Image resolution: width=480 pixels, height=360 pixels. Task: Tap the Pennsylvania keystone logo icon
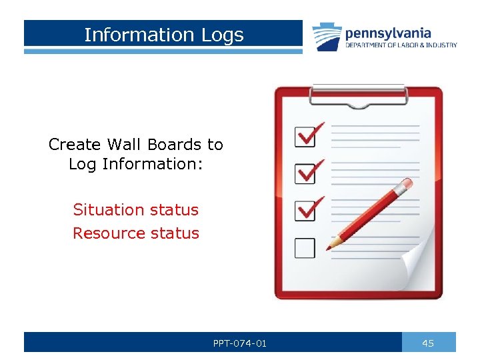click(x=326, y=37)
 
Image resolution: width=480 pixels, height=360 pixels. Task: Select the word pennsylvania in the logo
click(x=388, y=33)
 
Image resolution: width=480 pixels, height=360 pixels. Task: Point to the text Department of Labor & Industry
click(x=401, y=45)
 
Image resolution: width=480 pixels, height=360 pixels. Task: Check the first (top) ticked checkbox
click(x=306, y=137)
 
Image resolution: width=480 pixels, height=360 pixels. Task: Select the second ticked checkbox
click(x=306, y=174)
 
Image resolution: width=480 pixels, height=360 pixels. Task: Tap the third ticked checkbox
click(x=306, y=211)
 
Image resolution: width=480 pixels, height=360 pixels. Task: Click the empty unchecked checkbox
click(x=305, y=247)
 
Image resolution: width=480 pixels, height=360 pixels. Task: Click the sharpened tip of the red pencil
click(x=329, y=247)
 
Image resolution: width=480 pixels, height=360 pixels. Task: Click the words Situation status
click(x=136, y=210)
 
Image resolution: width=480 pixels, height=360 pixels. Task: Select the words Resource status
click(x=136, y=233)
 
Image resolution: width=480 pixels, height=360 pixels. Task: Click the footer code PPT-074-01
click(x=240, y=343)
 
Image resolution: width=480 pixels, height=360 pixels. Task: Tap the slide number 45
click(x=429, y=343)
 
